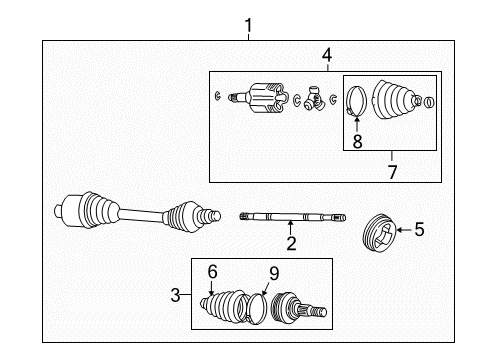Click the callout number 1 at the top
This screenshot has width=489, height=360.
click(249, 25)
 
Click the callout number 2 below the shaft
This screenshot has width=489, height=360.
click(290, 243)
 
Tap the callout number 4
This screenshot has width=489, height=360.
click(325, 55)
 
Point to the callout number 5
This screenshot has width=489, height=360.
click(419, 230)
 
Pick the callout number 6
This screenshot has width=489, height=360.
click(211, 271)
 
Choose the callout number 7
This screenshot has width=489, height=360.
click(392, 171)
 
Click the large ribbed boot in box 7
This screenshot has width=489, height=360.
click(397, 100)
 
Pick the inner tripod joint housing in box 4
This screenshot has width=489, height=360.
click(265, 98)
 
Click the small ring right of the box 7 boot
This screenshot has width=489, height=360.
click(429, 103)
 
